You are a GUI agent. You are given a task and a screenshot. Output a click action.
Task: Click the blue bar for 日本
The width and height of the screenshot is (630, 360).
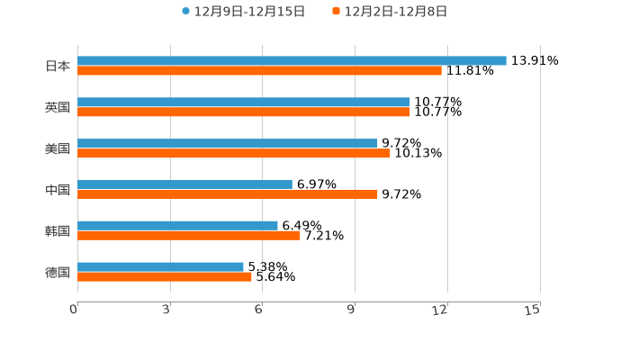pyautogui.click(x=292, y=61)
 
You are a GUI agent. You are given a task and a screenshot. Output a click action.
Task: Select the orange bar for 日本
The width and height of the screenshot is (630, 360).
pyautogui.click(x=259, y=71)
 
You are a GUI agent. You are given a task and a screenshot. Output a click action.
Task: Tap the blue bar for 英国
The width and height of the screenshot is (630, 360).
pyautogui.click(x=244, y=103)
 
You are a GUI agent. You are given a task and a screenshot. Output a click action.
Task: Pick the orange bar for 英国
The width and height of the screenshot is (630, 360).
pyautogui.click(x=244, y=112)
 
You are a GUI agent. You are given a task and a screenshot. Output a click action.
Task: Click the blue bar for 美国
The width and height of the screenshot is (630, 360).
pyautogui.click(x=228, y=144)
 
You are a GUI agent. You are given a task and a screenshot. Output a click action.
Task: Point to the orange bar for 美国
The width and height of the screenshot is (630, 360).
pyautogui.click(x=234, y=154)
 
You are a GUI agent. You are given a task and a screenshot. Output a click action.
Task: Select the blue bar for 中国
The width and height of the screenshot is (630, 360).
pyautogui.click(x=184, y=184)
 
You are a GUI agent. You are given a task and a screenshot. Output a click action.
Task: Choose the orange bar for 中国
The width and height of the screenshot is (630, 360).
pyautogui.click(x=228, y=194)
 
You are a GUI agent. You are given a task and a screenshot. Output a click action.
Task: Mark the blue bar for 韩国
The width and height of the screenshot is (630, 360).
pyautogui.click(x=177, y=226)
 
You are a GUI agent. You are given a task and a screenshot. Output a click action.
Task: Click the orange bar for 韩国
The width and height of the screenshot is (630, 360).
pyautogui.click(x=189, y=236)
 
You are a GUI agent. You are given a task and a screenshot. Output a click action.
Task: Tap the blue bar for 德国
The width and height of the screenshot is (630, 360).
pyautogui.click(x=160, y=266)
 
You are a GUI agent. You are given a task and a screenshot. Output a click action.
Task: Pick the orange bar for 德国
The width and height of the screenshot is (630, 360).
pyautogui.click(x=165, y=277)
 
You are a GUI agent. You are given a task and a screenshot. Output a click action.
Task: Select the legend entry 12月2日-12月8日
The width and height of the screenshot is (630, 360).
pyautogui.click(x=395, y=12)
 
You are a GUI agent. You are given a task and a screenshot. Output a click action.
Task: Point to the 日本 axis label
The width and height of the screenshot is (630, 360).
pyautogui.click(x=58, y=67)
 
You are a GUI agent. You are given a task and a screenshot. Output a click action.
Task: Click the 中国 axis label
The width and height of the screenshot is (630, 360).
pyautogui.click(x=58, y=190)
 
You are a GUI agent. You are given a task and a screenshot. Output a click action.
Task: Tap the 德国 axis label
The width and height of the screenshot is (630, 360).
pyautogui.click(x=58, y=272)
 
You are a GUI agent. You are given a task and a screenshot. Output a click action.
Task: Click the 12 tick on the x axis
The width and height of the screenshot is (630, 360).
pyautogui.click(x=441, y=310)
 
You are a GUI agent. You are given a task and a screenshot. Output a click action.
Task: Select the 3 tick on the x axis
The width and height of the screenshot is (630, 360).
pyautogui.click(x=166, y=310)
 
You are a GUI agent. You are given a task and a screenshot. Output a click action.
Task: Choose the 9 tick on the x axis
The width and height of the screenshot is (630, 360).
pyautogui.click(x=351, y=310)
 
